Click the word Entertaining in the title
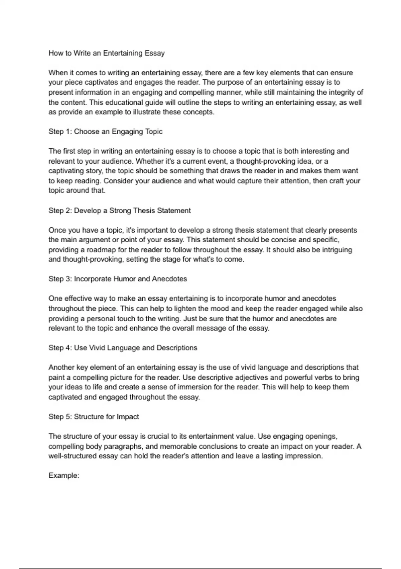click(x=122, y=53)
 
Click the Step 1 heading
click(x=106, y=132)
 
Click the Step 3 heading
click(x=118, y=279)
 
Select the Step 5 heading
click(x=94, y=417)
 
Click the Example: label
click(x=64, y=476)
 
